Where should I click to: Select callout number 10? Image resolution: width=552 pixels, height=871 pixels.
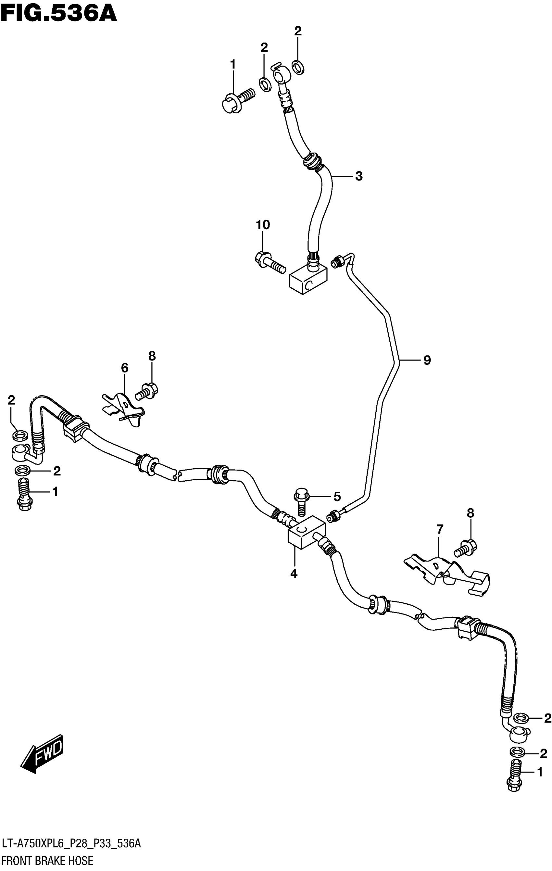pos(263,225)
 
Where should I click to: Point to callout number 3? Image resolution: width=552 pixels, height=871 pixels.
pos(358,176)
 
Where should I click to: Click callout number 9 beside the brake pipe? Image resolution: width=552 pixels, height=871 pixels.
pos(427,360)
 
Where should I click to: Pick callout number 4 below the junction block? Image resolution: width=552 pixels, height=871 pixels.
pos(294,573)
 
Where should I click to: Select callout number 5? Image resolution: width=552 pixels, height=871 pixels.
pos(337,497)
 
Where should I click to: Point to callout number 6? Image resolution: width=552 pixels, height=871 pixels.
pos(124,368)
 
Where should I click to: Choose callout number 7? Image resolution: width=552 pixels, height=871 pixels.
pos(440,530)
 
